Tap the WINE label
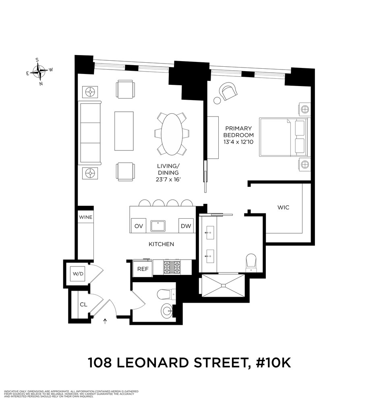(85, 217)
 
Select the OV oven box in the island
(139, 226)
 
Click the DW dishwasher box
(186, 226)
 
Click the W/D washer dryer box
(78, 274)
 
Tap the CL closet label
(83, 304)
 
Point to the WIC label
(283, 208)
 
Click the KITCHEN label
(161, 244)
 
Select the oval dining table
(172, 134)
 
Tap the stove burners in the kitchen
(172, 267)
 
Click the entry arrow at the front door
(106, 320)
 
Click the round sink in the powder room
(167, 311)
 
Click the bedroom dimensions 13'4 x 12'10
(239, 142)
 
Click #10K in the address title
(270, 363)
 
